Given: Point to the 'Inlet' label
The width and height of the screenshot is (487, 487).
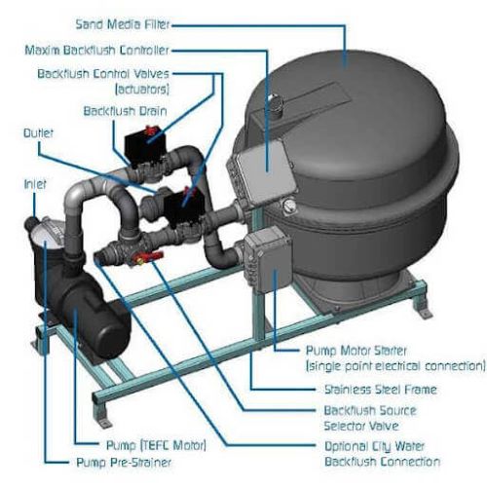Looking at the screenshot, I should click(33, 182).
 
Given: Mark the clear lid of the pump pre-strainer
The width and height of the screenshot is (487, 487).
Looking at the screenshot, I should click(37, 238).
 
